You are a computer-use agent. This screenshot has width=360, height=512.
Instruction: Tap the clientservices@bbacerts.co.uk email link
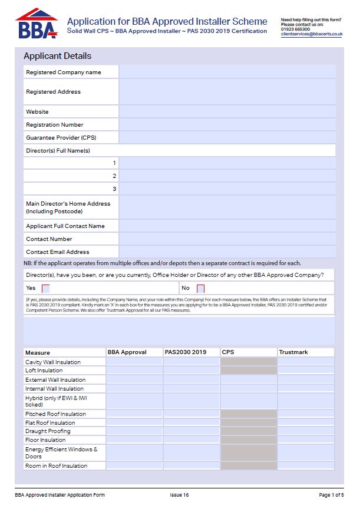[x=312, y=34]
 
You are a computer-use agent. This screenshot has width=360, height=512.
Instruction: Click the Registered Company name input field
[x=227, y=72]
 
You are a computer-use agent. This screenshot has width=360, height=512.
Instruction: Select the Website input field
[x=227, y=111]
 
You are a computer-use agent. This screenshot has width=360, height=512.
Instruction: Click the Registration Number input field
[x=227, y=124]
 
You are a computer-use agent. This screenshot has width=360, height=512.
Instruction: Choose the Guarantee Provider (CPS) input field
[x=227, y=137]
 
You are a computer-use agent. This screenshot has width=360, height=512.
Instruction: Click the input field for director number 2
[x=227, y=176]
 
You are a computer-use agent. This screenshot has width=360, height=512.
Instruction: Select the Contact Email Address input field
[x=227, y=252]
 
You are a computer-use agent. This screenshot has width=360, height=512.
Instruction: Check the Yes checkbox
[x=46, y=289]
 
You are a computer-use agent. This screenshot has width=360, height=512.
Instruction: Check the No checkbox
[x=200, y=289]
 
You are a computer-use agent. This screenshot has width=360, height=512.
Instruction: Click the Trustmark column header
[x=293, y=352]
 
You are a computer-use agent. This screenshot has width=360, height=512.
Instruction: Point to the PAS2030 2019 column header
[x=186, y=352]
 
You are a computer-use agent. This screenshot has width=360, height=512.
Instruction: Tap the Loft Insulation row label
[x=44, y=371]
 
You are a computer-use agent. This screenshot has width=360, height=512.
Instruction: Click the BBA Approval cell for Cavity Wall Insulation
[x=134, y=362]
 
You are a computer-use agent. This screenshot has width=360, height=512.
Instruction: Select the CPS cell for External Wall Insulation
[x=248, y=379]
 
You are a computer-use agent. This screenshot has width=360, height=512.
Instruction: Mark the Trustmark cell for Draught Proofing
[x=305, y=431]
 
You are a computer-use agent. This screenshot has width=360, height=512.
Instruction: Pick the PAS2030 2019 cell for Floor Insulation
[x=191, y=440]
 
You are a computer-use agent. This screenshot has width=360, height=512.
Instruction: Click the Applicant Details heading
[x=57, y=57]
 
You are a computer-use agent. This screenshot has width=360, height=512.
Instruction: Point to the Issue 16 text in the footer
[x=179, y=495]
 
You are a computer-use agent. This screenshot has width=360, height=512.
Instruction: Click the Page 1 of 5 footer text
[x=331, y=495]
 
